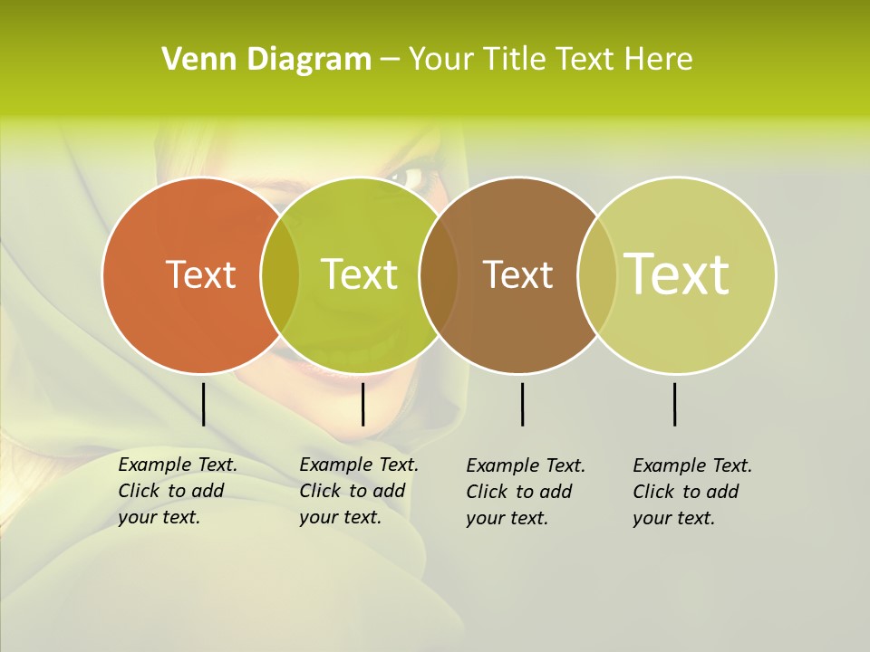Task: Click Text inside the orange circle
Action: tap(200, 274)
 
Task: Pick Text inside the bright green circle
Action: tap(359, 274)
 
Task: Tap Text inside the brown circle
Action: tap(517, 274)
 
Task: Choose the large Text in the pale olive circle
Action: tap(677, 274)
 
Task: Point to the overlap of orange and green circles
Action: tap(280, 275)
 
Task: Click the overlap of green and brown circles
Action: tap(439, 275)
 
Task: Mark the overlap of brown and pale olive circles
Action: tap(597, 275)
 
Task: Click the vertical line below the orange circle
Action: tap(204, 404)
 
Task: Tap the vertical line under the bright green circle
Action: tap(362, 404)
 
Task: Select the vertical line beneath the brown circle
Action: tap(523, 404)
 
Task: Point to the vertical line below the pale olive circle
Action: tap(675, 404)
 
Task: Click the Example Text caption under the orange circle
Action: tap(177, 491)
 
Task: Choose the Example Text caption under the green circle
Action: tap(358, 491)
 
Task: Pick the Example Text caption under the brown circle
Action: tap(525, 492)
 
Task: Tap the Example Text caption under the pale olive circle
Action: tap(691, 492)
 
